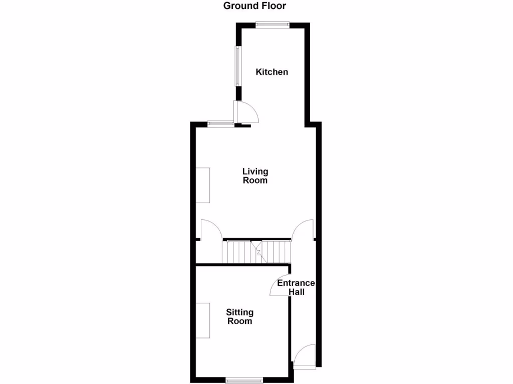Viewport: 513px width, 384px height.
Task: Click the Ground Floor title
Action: click(x=254, y=6)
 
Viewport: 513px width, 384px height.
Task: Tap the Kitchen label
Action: click(x=272, y=72)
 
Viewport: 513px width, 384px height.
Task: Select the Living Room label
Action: click(x=255, y=176)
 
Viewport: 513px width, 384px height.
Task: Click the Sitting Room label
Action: click(x=240, y=316)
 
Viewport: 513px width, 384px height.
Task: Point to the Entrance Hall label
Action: click(x=296, y=287)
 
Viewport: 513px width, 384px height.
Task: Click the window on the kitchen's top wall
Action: click(x=272, y=24)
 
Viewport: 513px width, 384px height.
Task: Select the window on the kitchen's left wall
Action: click(x=238, y=66)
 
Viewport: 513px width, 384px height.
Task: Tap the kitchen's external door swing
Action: click(x=246, y=111)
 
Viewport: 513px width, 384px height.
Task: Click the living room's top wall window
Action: click(x=220, y=123)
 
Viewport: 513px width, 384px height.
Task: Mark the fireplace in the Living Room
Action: click(x=203, y=185)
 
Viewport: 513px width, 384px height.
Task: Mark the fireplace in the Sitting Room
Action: click(x=203, y=320)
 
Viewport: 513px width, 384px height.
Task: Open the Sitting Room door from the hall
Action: click(x=281, y=285)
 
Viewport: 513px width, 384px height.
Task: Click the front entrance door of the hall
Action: click(x=305, y=356)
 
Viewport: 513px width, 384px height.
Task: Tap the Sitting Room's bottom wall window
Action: click(x=243, y=378)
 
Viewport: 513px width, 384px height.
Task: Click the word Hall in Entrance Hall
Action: click(x=296, y=292)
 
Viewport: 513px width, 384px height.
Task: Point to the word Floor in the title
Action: click(x=274, y=6)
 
